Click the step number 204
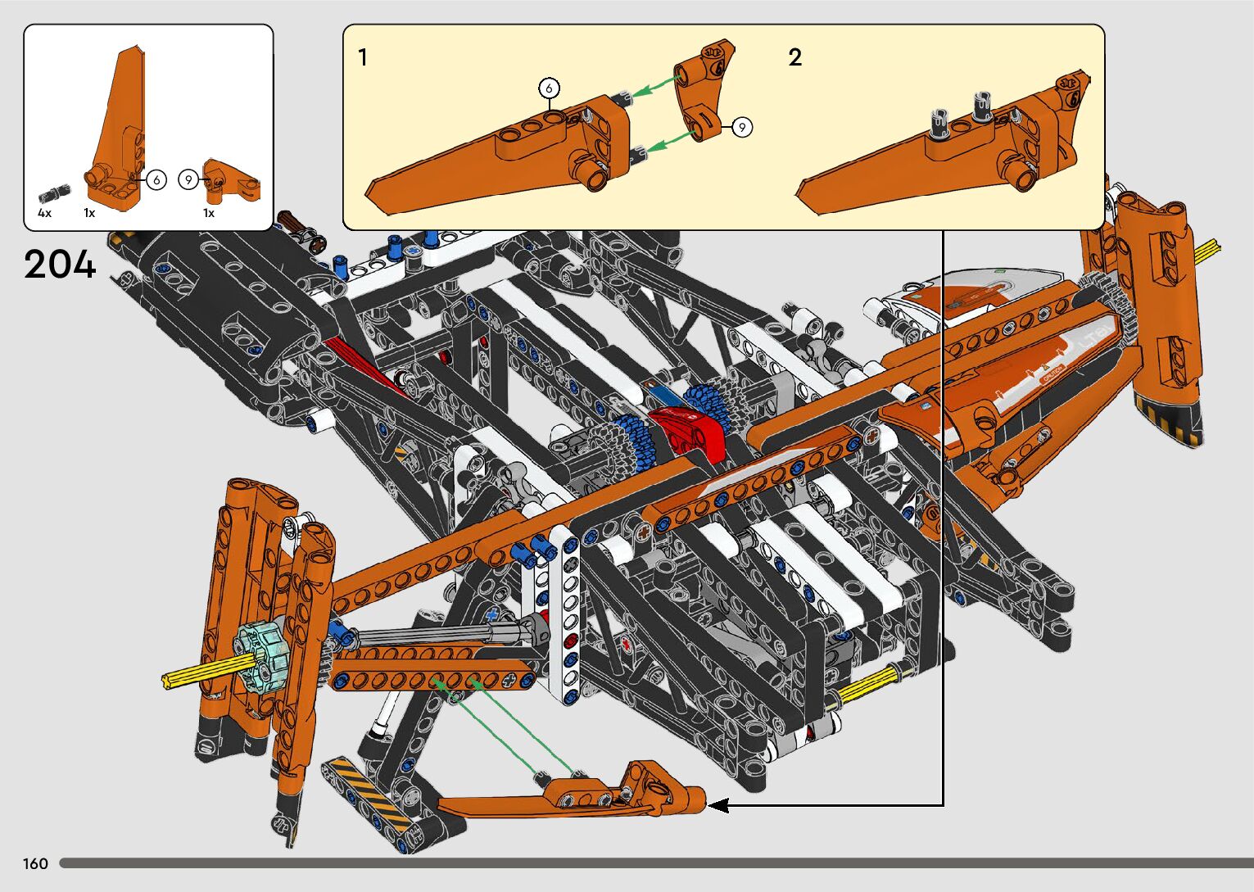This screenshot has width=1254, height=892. point(61,264)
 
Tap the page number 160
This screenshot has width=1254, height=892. point(35,863)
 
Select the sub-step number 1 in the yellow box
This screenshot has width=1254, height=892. point(363,58)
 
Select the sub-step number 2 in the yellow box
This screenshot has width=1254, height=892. point(795,57)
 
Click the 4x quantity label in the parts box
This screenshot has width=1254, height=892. point(44,213)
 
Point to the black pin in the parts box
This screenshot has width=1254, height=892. point(50,195)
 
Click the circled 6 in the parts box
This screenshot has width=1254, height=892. point(156,179)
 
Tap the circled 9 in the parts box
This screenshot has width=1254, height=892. point(188,179)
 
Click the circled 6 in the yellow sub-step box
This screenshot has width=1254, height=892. point(549,88)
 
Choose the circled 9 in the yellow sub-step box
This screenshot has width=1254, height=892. point(741,127)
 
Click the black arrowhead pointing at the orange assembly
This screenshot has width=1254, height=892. point(718,805)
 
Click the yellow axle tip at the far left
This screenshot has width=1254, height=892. point(176,678)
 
